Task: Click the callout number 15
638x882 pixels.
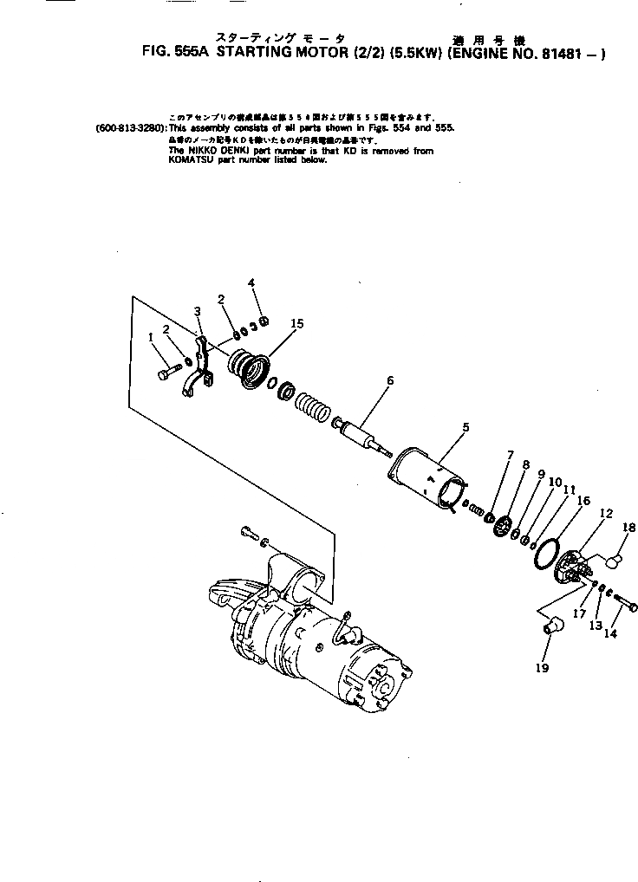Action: [297, 323]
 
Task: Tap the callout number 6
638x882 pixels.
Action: [390, 380]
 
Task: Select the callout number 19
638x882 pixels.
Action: [543, 667]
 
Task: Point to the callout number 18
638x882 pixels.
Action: [629, 526]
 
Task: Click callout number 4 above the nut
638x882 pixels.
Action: [251, 282]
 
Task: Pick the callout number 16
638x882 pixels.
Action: [583, 501]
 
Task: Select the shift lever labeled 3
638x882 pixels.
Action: [200, 364]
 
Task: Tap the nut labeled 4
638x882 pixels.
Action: [265, 322]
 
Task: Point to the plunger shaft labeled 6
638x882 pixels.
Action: [364, 431]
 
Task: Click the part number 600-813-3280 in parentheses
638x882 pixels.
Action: [131, 127]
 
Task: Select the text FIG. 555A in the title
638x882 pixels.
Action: [175, 52]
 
